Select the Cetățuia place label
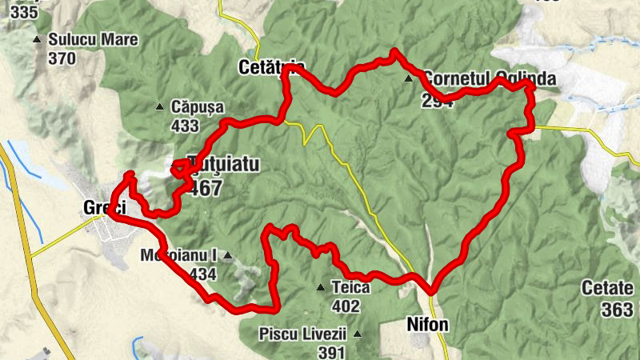pyautogui.click(x=271, y=68)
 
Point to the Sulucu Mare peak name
pyautogui.click(x=93, y=39)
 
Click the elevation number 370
pyautogui.click(x=62, y=58)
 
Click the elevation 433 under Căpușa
pyautogui.click(x=185, y=126)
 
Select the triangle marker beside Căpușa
pyautogui.click(x=158, y=106)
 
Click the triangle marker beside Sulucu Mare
pyautogui.click(x=36, y=39)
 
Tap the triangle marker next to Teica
pyautogui.click(x=320, y=287)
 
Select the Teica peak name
pyautogui.click(x=350, y=287)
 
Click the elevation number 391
pyautogui.click(x=330, y=352)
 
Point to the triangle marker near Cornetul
pyautogui.click(x=409, y=78)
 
